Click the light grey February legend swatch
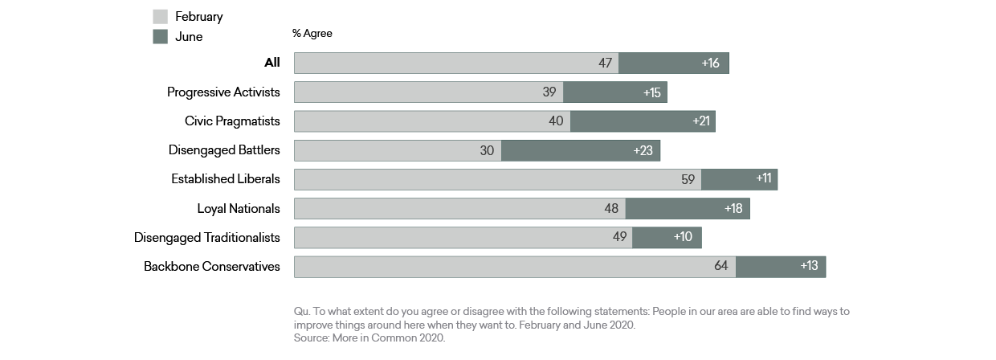(160, 16)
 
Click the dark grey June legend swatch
(160, 37)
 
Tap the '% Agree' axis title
(312, 34)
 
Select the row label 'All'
(271, 63)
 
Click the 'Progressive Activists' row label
(223, 92)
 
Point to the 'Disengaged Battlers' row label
(224, 150)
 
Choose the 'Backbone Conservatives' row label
(212, 266)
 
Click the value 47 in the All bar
(605, 63)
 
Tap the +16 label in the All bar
(710, 63)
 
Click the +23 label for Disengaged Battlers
(643, 150)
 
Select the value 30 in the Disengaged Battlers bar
(487, 150)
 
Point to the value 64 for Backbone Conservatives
(721, 266)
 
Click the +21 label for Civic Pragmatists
(702, 121)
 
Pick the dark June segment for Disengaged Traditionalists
(667, 237)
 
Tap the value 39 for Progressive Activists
(549, 92)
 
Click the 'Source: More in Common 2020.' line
(369, 338)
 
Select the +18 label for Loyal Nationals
(732, 208)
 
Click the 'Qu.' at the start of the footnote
(301, 311)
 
